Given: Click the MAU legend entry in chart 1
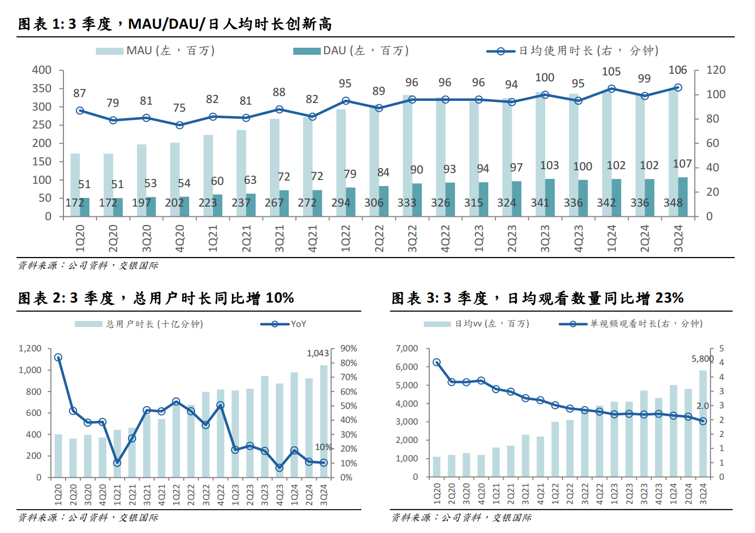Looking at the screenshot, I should (155, 51).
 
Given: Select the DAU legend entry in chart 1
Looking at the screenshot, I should (351, 51).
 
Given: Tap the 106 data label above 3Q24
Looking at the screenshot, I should (677, 70).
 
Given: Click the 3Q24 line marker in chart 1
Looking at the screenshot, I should (677, 87).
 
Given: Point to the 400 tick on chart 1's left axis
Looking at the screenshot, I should (42, 70).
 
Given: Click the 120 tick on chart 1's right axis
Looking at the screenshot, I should (715, 70).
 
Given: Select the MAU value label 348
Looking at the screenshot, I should (673, 203).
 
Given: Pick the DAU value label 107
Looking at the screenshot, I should (682, 164).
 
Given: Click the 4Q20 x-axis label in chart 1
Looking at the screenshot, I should (179, 239).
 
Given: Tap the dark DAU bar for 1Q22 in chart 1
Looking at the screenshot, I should (351, 202).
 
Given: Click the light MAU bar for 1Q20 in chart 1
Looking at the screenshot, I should (75, 179).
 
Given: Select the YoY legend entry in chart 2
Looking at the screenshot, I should (284, 324).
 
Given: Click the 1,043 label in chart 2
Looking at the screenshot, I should (318, 354).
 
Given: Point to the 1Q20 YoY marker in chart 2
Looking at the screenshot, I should (58, 357).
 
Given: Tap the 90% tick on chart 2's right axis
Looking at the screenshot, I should (349, 349).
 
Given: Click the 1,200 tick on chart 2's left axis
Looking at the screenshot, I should (30, 349).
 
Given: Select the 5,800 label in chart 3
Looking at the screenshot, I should (702, 359).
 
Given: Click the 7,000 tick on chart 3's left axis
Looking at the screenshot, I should (406, 349).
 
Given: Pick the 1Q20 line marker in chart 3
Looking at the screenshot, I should (436, 362).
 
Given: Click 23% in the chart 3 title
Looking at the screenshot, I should (669, 298).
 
